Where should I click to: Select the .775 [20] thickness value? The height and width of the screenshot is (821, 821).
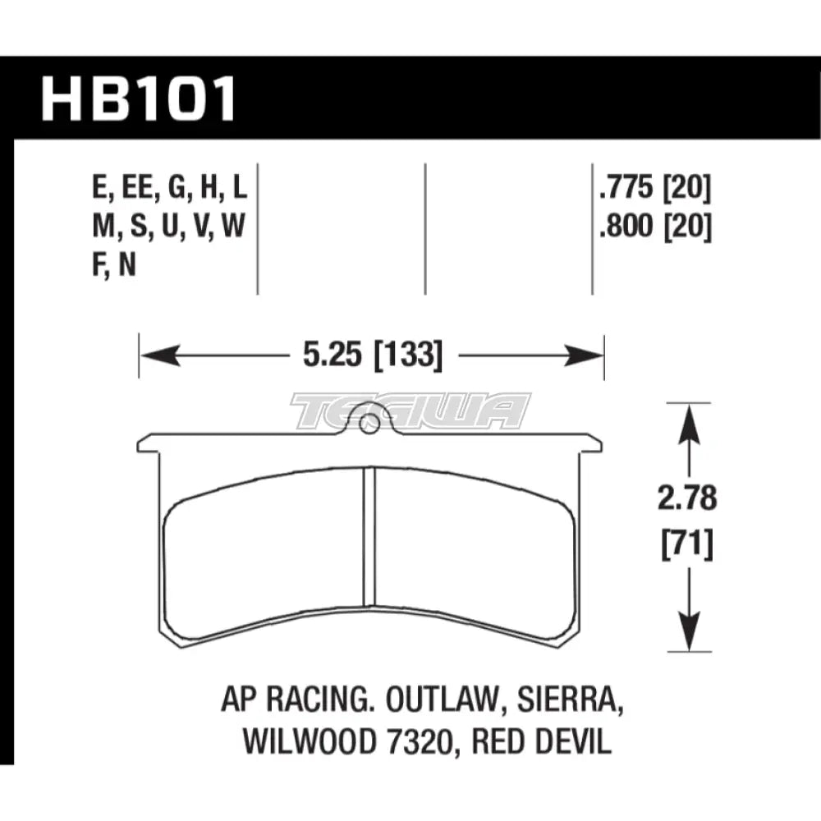pos(654,190)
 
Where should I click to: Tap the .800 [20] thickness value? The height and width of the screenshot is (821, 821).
pos(654,224)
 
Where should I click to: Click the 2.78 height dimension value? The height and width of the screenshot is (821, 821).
pos(686,498)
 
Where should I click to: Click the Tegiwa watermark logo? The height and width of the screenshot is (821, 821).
pos(410,410)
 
